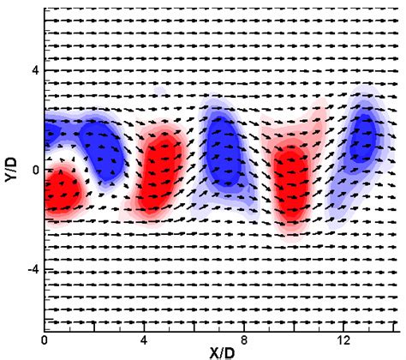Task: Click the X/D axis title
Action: coord(220,351)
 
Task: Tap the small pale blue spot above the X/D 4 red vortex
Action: coord(160,93)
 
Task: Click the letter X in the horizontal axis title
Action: coord(209,351)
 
